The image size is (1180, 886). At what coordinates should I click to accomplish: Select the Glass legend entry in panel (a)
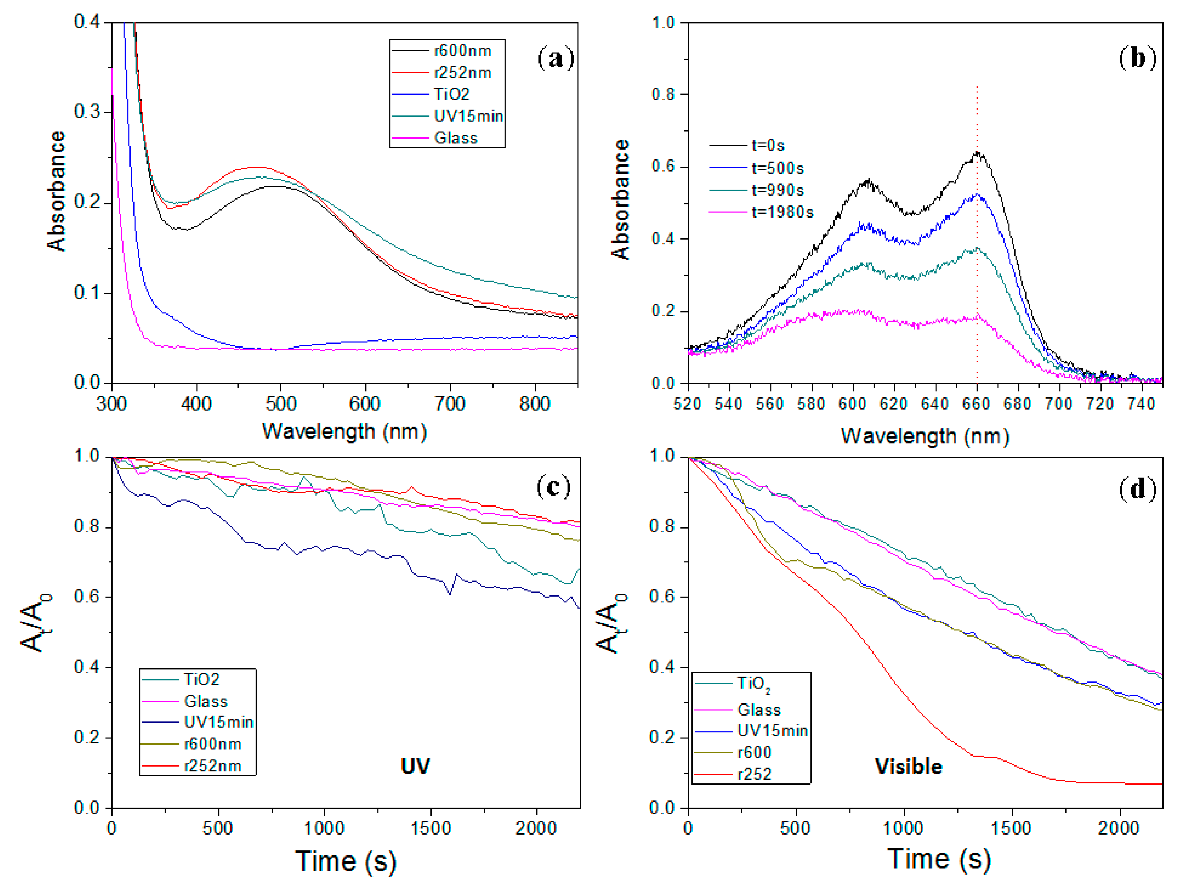pyautogui.click(x=455, y=138)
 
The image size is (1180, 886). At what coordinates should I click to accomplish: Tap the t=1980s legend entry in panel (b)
pyautogui.click(x=782, y=212)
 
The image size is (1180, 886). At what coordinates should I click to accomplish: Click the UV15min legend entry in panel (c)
pyautogui.click(x=218, y=722)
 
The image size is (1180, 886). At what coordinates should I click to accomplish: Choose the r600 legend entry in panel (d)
pyautogui.click(x=754, y=752)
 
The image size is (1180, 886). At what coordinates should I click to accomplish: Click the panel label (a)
pyautogui.click(x=555, y=58)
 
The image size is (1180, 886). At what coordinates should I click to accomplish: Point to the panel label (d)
pyautogui.click(x=1137, y=489)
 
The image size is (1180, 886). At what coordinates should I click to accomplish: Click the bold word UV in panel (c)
pyautogui.click(x=415, y=766)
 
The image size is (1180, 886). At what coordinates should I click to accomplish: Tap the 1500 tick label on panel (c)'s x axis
pyautogui.click(x=430, y=828)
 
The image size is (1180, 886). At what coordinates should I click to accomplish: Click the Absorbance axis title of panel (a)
pyautogui.click(x=56, y=191)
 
